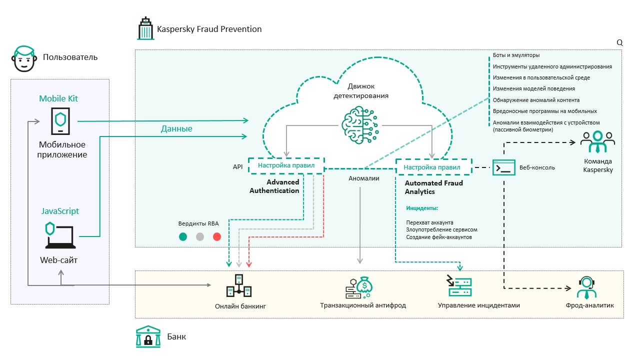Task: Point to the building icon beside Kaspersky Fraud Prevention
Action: coord(145,29)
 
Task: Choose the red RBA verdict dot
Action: coord(216,237)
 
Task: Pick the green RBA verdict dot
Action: coord(183,237)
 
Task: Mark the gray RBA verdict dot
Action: coord(200,237)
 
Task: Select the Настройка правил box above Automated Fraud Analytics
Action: coord(433,167)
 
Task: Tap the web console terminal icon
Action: coord(504,167)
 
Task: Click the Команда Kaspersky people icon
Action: coord(597,142)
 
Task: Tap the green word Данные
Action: coord(176,128)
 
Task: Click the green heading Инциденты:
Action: coord(422,207)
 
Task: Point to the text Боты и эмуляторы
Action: coord(516,55)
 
